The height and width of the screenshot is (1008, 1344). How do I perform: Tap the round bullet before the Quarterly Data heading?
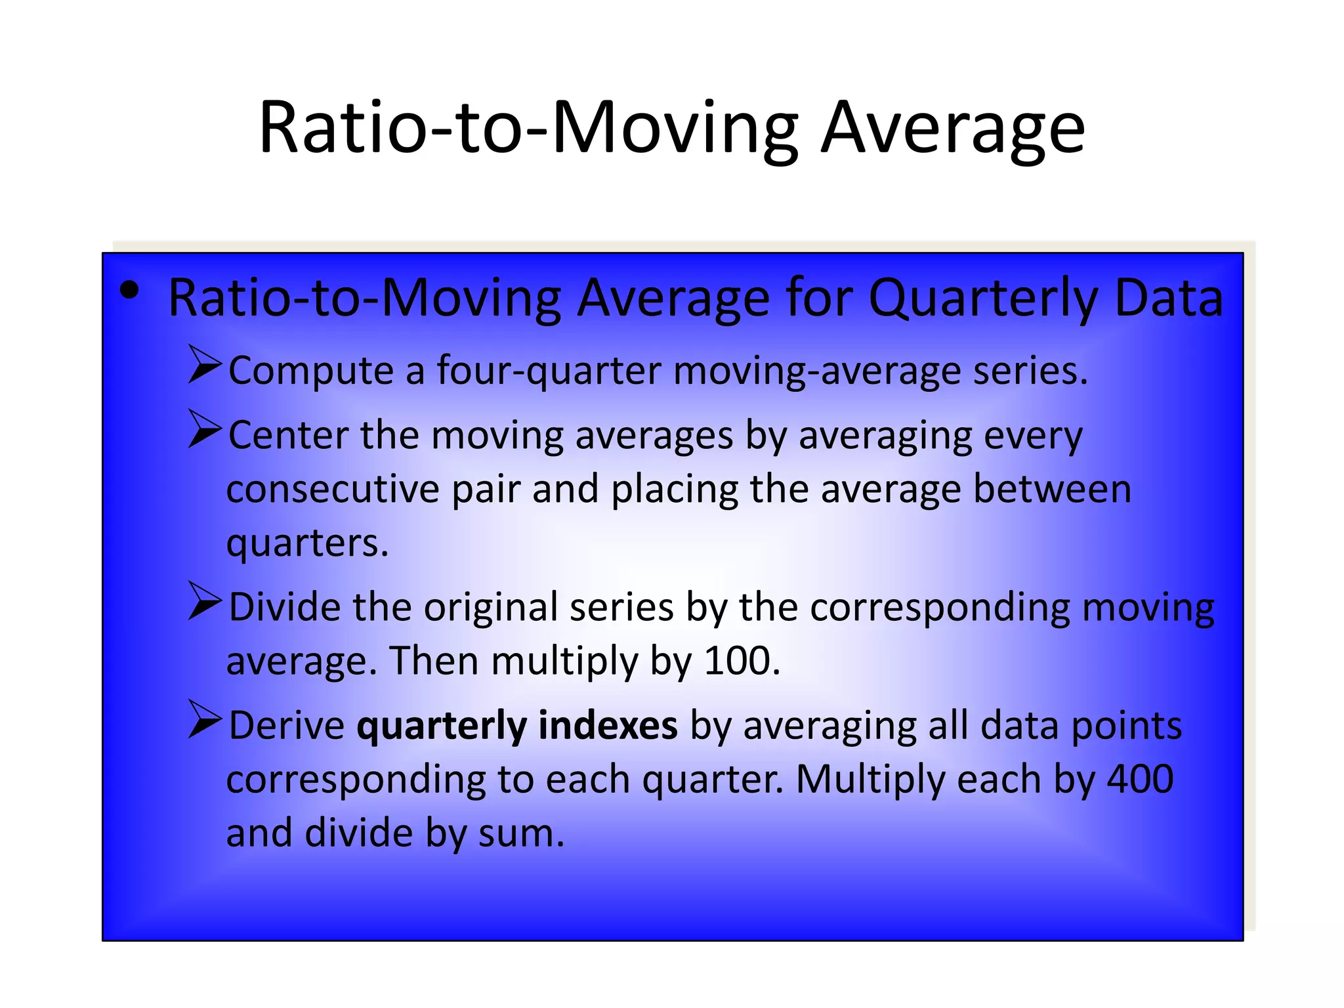(x=130, y=291)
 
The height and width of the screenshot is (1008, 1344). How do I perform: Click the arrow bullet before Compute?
(x=205, y=364)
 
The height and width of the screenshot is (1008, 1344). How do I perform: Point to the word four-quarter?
(x=549, y=371)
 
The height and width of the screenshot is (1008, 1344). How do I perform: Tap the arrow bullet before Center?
(x=205, y=429)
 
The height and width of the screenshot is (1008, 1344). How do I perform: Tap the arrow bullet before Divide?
(x=205, y=600)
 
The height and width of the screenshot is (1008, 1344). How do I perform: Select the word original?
(x=491, y=607)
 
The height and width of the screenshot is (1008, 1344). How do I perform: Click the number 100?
(x=740, y=661)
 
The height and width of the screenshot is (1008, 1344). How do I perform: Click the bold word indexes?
(x=608, y=726)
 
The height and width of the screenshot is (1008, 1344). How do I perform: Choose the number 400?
(x=1140, y=780)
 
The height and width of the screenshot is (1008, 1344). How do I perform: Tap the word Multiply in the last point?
(x=870, y=781)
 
